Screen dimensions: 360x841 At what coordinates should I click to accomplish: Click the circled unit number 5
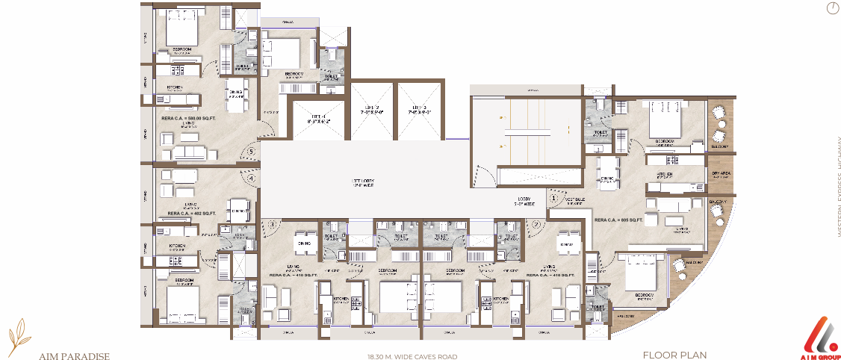[x=252, y=152]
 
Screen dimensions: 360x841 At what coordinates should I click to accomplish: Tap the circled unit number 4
[x=252, y=179]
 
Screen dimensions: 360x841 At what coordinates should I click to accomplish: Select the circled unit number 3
[x=273, y=223]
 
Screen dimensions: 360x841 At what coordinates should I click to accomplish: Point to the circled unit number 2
[x=536, y=223]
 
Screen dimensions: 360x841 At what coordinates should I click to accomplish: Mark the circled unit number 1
[x=553, y=199]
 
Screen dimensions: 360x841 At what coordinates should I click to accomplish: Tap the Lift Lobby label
[x=364, y=182]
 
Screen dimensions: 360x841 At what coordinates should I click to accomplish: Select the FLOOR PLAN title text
[x=674, y=356]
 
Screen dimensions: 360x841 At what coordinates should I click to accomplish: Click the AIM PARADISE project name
[x=75, y=356]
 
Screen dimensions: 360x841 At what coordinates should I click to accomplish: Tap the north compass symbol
[x=833, y=9]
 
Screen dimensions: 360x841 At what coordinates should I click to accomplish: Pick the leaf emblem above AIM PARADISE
[x=22, y=332]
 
